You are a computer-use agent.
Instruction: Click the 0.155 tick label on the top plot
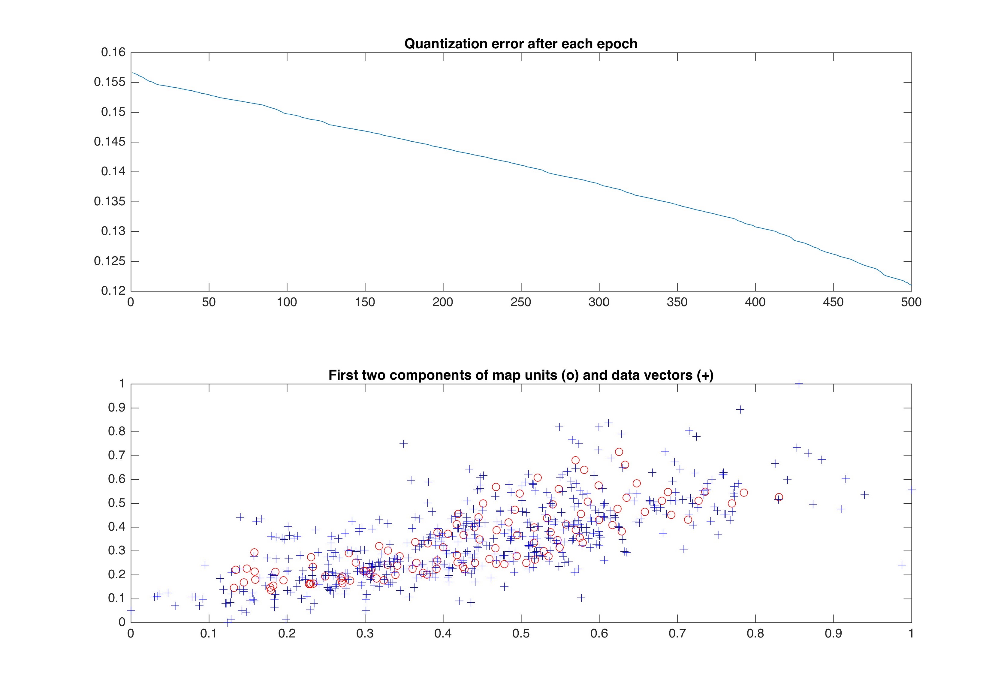coord(110,82)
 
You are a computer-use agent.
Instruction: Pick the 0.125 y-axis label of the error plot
coord(110,261)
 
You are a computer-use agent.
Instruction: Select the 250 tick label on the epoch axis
coord(521,302)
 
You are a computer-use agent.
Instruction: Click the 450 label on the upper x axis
coord(833,302)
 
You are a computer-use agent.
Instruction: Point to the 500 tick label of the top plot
coord(911,302)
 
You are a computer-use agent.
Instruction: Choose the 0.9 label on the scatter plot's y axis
coord(116,408)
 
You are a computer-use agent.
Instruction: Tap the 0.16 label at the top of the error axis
coord(113,53)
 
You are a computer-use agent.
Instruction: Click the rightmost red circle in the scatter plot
coord(779,497)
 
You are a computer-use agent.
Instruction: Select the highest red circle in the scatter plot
coord(619,452)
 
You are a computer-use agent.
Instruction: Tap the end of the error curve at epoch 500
coord(911,285)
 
